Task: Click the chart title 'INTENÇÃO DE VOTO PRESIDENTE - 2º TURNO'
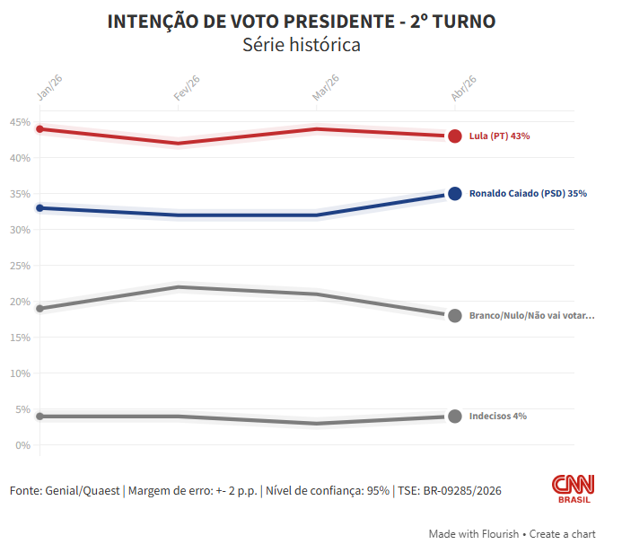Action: pyautogui.click(x=302, y=22)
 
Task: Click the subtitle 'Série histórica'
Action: pyautogui.click(x=302, y=45)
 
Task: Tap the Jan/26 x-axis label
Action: pyautogui.click(x=49, y=86)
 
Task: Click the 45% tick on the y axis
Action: pyautogui.click(x=21, y=122)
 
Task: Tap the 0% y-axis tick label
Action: pyautogui.click(x=23, y=445)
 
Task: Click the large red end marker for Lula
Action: pyautogui.click(x=455, y=136)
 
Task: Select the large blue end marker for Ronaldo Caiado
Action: pyautogui.click(x=455, y=194)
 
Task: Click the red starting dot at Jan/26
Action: pyautogui.click(x=40, y=129)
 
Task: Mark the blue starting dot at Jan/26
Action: pyautogui.click(x=40, y=208)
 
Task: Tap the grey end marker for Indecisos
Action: pyautogui.click(x=455, y=417)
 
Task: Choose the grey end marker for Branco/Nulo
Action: pyautogui.click(x=455, y=316)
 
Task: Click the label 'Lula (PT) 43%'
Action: pyautogui.click(x=500, y=136)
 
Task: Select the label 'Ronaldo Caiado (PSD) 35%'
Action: pyautogui.click(x=528, y=194)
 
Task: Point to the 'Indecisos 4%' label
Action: pyautogui.click(x=498, y=417)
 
